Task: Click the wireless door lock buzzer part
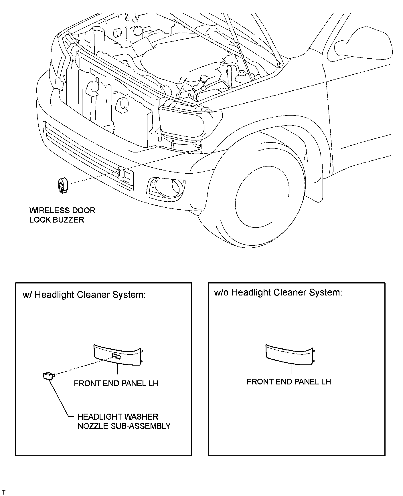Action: click(x=62, y=185)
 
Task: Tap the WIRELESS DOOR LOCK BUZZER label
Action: click(x=62, y=215)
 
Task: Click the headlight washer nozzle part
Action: click(x=48, y=375)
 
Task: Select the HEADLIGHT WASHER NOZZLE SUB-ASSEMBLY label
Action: click(x=124, y=421)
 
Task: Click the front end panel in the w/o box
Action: click(x=289, y=355)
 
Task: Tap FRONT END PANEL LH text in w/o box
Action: click(x=289, y=382)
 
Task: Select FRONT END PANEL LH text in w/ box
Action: click(x=116, y=383)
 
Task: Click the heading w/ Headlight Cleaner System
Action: click(x=84, y=295)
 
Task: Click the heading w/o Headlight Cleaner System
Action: click(x=278, y=292)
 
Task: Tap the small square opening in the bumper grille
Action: click(x=125, y=175)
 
